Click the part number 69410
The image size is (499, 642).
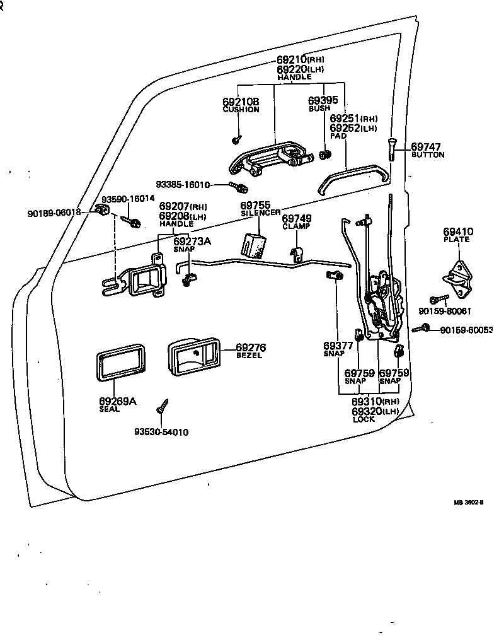(x=458, y=232)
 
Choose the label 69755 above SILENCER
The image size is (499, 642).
(x=255, y=206)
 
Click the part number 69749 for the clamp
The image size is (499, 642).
(x=297, y=218)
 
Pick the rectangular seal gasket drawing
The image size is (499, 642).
(x=120, y=362)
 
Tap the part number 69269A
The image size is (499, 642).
(x=117, y=400)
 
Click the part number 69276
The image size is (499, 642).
(x=251, y=347)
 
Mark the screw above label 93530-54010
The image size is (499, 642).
(x=164, y=406)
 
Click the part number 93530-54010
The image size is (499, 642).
(x=161, y=432)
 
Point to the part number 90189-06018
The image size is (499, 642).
(x=54, y=213)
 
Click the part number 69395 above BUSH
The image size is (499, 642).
(x=323, y=100)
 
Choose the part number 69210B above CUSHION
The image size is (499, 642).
(x=241, y=102)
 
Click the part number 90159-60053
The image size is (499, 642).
(x=466, y=330)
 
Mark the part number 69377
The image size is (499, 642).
(x=338, y=346)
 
